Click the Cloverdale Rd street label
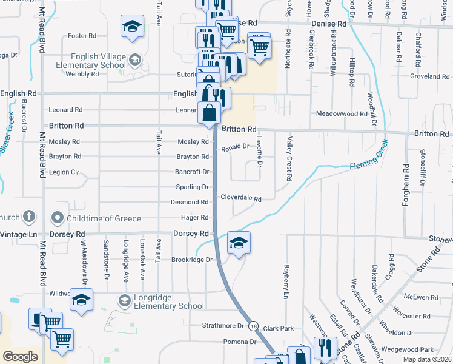coord(240,198)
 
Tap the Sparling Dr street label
coord(191,187)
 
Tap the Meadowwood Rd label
coord(342,113)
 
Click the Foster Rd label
coord(83,36)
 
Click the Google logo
coord(20,356)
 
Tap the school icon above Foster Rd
coord(132,27)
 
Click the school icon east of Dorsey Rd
coord(239,243)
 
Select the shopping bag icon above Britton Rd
coord(209,113)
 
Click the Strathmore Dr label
coord(223,326)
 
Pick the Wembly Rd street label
coord(82,74)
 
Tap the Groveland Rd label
coord(429,76)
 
